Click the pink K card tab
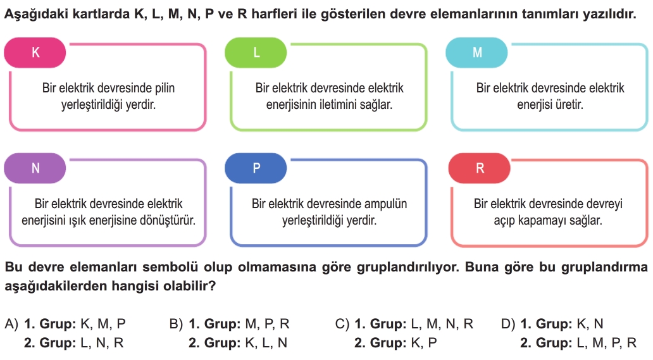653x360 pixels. click(x=35, y=53)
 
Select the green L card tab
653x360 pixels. click(x=256, y=53)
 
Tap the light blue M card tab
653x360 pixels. click(x=476, y=53)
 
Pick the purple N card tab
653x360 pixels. click(x=35, y=168)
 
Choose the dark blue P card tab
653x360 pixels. click(x=256, y=168)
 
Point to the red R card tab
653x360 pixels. click(x=480, y=168)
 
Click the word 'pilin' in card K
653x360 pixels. click(x=165, y=88)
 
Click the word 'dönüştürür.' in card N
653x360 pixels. click(x=171, y=220)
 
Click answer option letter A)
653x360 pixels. click(x=11, y=324)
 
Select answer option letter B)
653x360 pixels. click(x=177, y=324)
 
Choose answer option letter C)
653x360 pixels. click(x=342, y=324)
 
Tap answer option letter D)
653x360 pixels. click(x=508, y=324)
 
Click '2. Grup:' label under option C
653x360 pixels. click(x=380, y=343)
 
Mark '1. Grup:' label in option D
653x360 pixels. click(x=546, y=324)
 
